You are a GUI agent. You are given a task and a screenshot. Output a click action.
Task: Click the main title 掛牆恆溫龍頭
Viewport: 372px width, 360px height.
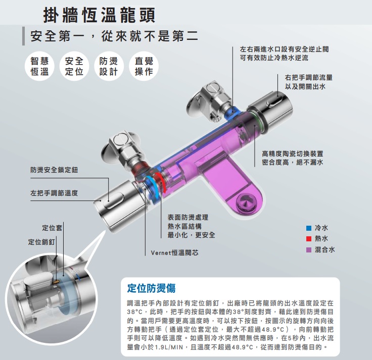click(99, 15)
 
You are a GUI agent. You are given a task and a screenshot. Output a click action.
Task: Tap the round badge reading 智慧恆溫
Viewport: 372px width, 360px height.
click(39, 66)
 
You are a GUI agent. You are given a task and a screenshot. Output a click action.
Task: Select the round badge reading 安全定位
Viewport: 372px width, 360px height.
click(74, 66)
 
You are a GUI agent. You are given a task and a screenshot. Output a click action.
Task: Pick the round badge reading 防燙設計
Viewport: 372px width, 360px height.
click(109, 66)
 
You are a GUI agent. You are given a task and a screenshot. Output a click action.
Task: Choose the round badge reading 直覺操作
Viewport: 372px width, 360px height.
click(144, 66)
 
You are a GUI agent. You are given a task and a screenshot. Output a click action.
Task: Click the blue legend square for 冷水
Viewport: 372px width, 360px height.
click(309, 228)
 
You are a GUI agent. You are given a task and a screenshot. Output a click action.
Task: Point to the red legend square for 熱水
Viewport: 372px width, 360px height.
click(309, 239)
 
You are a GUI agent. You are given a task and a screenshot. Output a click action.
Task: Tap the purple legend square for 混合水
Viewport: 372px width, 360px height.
click(309, 249)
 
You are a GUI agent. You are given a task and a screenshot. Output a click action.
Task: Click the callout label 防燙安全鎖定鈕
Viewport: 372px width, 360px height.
click(54, 170)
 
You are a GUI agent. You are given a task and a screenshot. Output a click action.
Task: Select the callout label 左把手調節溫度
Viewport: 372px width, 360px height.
click(54, 193)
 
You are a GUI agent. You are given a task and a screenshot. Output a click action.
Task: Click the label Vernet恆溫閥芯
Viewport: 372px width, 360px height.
click(174, 252)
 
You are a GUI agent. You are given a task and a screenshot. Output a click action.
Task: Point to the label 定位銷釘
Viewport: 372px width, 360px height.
click(41, 242)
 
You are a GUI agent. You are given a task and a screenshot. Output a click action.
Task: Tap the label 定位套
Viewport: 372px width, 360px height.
click(52, 228)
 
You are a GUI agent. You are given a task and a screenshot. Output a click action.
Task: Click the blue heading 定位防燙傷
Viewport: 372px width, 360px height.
click(151, 288)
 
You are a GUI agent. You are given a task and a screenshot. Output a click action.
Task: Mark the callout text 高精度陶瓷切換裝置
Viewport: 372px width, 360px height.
click(293, 154)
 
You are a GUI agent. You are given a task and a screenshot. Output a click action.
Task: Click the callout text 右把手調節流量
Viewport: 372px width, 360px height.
click(309, 77)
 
